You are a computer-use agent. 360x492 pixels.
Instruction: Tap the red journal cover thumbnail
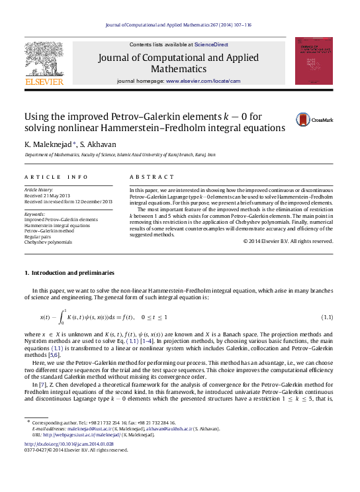point(314,61)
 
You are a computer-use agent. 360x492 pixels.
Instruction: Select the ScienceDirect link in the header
point(211,44)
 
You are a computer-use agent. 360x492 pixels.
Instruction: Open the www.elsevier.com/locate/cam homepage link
point(203,81)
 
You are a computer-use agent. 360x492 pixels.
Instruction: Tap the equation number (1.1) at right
point(326,318)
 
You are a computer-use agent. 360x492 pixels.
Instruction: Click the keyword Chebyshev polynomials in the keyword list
point(48,242)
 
